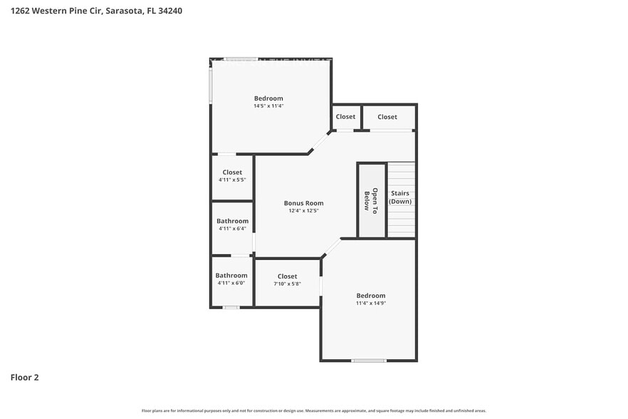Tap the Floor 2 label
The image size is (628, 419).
click(24, 377)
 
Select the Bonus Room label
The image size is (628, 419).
click(303, 203)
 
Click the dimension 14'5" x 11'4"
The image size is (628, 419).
click(268, 106)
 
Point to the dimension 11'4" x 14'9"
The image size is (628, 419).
click(370, 303)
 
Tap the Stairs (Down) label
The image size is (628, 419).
click(400, 197)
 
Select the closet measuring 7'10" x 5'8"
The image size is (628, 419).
click(287, 280)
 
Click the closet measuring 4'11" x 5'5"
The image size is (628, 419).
click(232, 176)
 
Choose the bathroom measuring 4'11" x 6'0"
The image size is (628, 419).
click(231, 279)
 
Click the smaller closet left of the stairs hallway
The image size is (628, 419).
click(345, 117)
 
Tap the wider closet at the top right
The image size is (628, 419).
click(387, 117)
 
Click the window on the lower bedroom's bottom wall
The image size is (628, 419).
click(369, 360)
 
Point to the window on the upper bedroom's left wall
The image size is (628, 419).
click(211, 84)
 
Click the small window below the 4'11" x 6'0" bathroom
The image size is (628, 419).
click(231, 307)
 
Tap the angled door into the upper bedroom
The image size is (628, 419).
click(319, 141)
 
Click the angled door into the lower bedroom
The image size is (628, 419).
click(331, 248)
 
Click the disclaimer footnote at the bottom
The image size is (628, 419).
click(313, 410)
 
